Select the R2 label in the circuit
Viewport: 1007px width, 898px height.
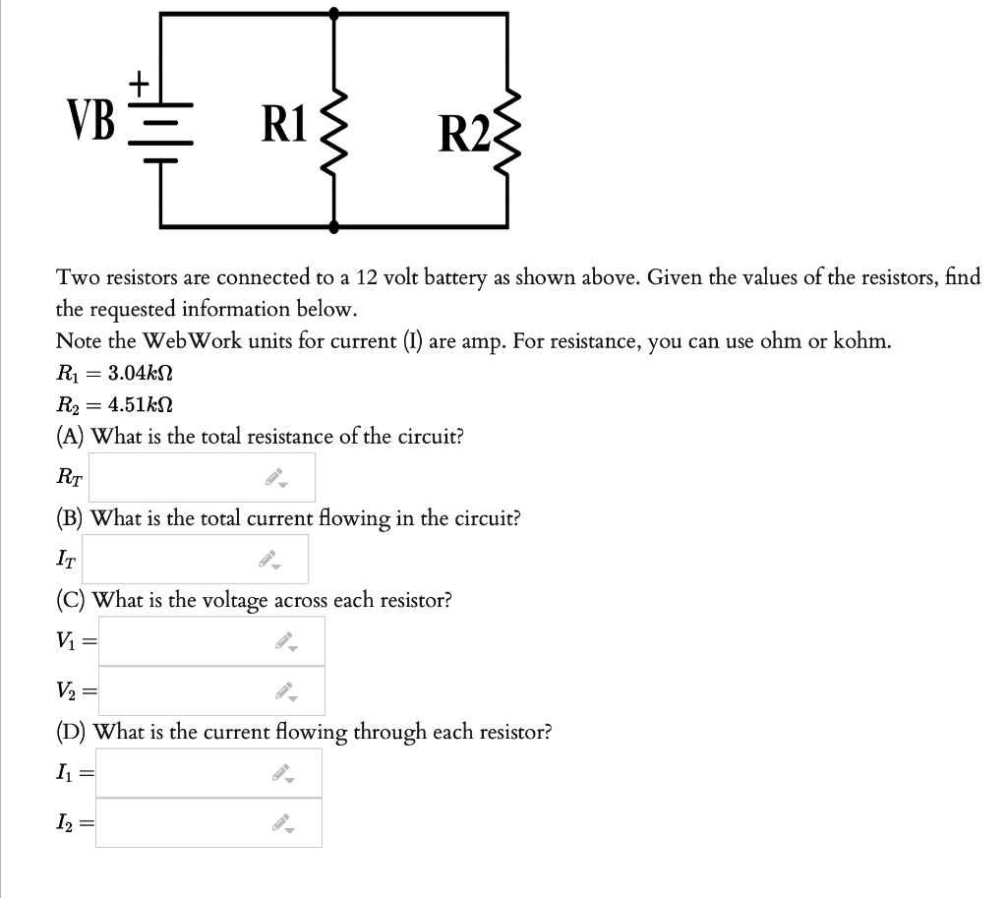coord(466,134)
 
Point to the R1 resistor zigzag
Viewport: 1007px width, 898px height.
coord(335,125)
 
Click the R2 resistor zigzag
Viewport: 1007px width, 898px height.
coord(507,125)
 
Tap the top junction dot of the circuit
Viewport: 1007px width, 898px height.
coord(334,14)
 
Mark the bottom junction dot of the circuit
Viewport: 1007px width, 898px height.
coord(334,226)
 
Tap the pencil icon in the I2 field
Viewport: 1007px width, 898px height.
coord(281,823)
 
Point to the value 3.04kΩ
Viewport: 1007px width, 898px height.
coord(141,374)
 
